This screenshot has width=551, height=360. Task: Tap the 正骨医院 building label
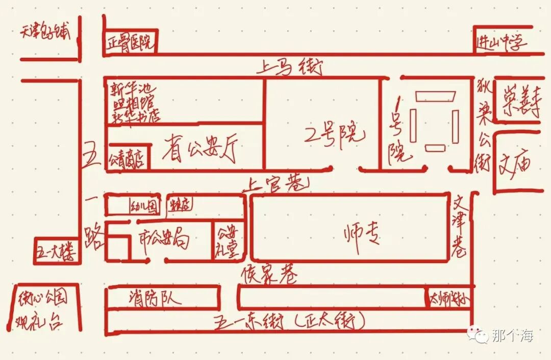(130, 43)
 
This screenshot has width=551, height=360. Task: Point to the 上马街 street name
(291, 65)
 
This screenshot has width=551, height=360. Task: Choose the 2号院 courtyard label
(334, 134)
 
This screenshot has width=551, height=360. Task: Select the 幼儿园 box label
(145, 206)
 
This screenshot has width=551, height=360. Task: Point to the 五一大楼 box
(57, 252)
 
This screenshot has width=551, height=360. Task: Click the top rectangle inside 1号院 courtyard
(435, 96)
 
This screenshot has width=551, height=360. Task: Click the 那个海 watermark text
(512, 335)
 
